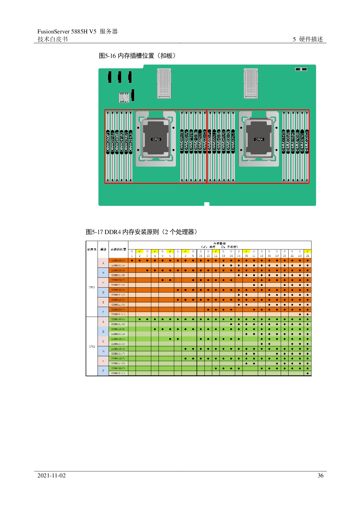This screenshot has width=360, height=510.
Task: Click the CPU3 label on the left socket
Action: click(x=156, y=139)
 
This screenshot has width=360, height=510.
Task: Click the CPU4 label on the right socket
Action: click(x=259, y=139)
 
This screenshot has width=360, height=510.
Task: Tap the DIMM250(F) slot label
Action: click(x=108, y=142)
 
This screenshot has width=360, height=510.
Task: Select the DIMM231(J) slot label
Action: click(x=131, y=142)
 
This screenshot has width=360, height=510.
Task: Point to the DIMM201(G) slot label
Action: click(x=182, y=142)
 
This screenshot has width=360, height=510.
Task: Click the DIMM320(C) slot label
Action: click(x=307, y=142)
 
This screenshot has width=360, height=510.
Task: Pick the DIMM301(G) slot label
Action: click(x=284, y=142)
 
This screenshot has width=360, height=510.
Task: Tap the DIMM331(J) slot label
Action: click(x=233, y=142)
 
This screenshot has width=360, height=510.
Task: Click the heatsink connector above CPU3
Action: click(x=164, y=84)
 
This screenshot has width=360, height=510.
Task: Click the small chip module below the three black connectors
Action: click(x=124, y=97)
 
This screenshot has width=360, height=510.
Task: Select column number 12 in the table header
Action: click(x=216, y=256)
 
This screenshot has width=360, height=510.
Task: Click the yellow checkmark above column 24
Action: click(x=307, y=251)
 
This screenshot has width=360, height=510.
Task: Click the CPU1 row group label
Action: click(x=92, y=287)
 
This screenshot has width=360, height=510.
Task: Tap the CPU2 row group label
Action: click(x=92, y=346)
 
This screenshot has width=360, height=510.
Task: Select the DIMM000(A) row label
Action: click(x=118, y=261)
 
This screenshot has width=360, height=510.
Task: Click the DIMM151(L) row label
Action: click(x=118, y=373)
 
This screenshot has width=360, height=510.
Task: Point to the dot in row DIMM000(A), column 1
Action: click(x=132, y=261)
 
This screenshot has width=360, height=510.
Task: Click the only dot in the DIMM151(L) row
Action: click(x=307, y=373)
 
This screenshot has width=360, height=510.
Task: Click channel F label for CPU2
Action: click(x=103, y=371)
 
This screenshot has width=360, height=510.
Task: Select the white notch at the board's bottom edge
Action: click(x=207, y=204)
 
